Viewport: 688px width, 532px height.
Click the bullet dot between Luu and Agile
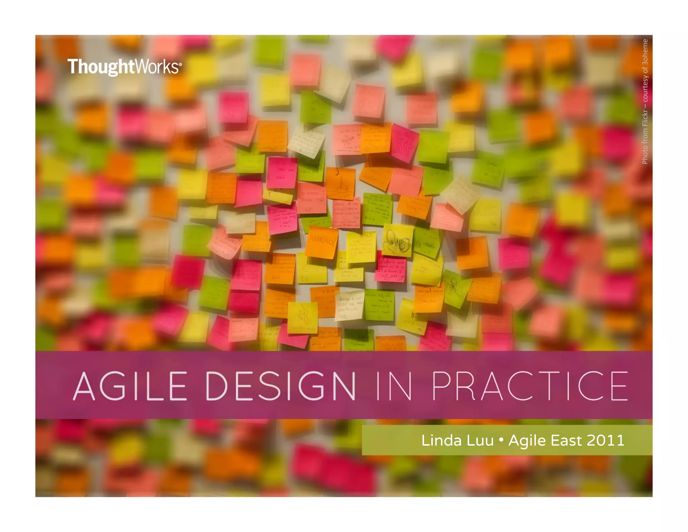point(501,440)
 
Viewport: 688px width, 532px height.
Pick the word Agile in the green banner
point(527,441)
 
